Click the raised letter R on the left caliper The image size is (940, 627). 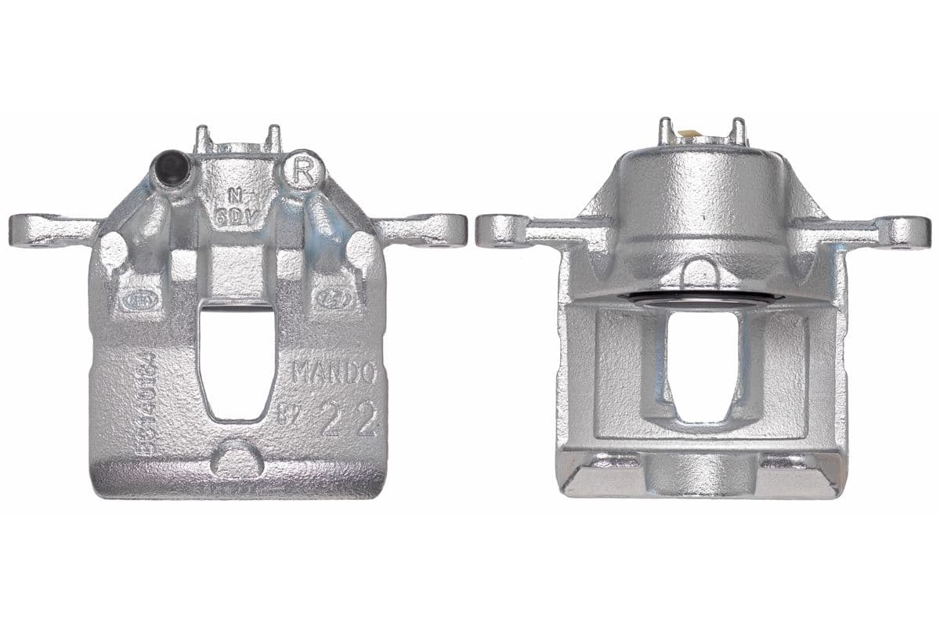[x=303, y=171]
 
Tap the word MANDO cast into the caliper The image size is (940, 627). [x=334, y=372]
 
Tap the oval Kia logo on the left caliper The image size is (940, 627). [x=138, y=299]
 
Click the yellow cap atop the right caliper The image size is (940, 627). [x=690, y=134]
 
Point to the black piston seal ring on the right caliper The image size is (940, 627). [x=705, y=299]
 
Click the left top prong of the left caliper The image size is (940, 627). [x=203, y=139]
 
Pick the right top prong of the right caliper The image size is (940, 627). [x=738, y=130]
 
